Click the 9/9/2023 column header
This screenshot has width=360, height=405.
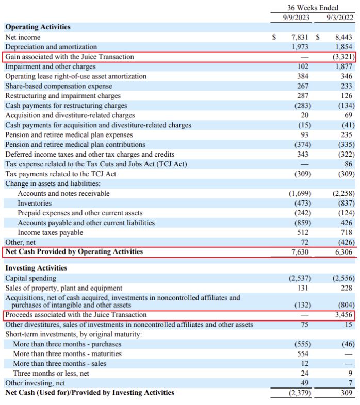(296, 18)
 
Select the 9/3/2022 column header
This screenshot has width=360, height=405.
(339, 18)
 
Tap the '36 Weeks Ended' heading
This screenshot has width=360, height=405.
(313, 8)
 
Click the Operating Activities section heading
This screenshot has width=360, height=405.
(38, 27)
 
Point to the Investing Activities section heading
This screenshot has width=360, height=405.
(36, 268)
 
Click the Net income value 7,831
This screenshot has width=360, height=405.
(300, 37)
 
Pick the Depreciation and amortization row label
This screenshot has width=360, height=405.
(51, 47)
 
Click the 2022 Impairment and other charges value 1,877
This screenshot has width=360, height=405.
(343, 66)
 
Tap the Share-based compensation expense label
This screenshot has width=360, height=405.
(59, 86)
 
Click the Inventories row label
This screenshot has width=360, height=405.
(35, 204)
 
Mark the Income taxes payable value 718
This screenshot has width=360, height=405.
(347, 232)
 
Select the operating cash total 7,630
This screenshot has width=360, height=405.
(300, 252)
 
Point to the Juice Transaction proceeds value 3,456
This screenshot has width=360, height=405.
(343, 315)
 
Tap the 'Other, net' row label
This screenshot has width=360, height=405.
(21, 242)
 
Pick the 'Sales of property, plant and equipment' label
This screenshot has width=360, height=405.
(63, 288)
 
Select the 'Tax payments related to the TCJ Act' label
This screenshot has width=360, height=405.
(61, 174)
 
